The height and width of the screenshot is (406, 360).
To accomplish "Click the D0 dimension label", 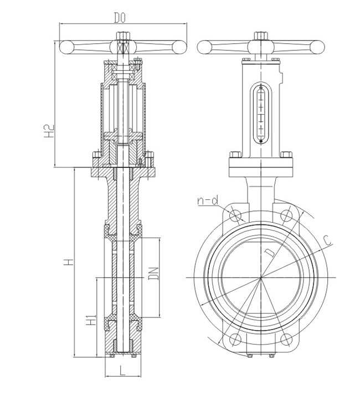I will pos(121,18).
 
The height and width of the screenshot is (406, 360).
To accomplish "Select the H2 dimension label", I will pos(49,130).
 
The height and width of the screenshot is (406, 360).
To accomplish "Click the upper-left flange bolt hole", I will pos(235,215).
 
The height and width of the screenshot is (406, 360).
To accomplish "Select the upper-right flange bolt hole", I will pos(286,215).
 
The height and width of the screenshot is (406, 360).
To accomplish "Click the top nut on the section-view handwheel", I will pos(123,38).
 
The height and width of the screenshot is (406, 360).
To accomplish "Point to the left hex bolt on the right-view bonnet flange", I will pos(235,156).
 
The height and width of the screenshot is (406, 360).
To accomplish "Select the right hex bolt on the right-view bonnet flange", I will pos(286,156).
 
